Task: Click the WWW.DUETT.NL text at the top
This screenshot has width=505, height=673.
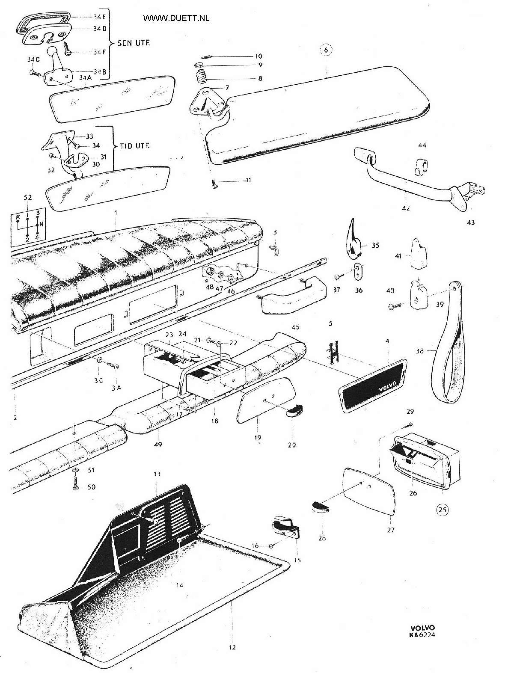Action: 176,18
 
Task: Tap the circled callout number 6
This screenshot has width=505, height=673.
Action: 326,50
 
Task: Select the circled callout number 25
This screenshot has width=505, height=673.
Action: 443,509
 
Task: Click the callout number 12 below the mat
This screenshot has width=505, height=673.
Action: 232,647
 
